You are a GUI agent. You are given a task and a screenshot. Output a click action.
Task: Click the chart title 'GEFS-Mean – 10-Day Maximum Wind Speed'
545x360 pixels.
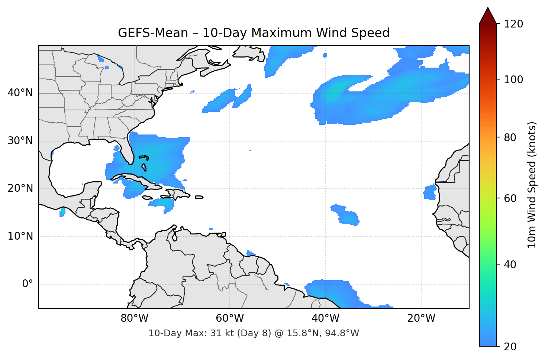[x=254, y=33]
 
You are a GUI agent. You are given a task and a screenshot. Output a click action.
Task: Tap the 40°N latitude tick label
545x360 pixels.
[x=20, y=93]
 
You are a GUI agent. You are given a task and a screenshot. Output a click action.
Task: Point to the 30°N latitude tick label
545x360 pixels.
[x=20, y=141]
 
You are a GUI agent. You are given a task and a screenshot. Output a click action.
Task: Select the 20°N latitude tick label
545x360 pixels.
[x=20, y=188]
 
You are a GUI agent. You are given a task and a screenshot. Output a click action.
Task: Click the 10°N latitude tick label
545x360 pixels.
[x=20, y=236]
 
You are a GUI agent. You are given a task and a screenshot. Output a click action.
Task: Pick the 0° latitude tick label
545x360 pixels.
[x=28, y=284]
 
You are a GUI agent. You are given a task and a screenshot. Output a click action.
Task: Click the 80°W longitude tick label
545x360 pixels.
[x=134, y=318]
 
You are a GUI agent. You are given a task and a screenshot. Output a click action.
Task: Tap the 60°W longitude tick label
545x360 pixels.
[x=230, y=318]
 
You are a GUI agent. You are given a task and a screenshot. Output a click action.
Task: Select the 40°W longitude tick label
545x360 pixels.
[x=325, y=318]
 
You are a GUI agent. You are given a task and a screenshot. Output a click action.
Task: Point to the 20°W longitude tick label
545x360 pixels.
[x=421, y=318]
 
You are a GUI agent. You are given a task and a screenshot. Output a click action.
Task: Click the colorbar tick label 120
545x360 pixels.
[x=513, y=24]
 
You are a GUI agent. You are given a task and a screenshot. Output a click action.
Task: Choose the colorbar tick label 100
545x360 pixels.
[x=513, y=80]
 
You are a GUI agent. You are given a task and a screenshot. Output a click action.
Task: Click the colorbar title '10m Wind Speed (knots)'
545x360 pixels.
[x=532, y=185]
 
